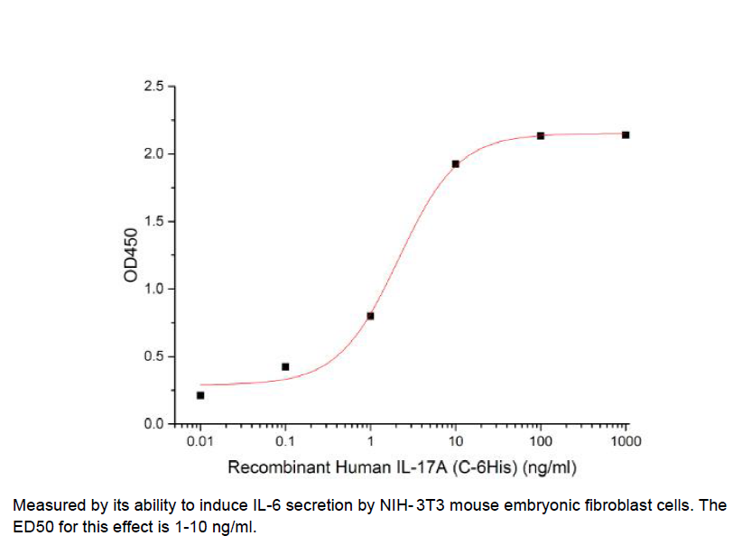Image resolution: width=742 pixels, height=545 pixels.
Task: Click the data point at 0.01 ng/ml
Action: pos(200,395)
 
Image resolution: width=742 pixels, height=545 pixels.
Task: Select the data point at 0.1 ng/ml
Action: pos(285,366)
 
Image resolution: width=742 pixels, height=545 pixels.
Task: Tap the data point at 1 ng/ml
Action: pos(370,316)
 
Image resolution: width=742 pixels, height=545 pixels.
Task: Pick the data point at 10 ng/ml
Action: pos(456,163)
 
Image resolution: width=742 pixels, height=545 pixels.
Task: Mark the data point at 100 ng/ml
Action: pos(541,135)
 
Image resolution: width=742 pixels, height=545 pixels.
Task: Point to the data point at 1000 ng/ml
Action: pos(626,134)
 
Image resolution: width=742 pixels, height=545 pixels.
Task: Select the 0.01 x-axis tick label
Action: pos(200,441)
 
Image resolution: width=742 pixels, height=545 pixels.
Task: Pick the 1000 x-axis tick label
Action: pos(626,441)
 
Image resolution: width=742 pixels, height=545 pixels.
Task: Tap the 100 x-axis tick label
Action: pos(541,441)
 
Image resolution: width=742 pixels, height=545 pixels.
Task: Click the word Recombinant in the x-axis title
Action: pos(268,467)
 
